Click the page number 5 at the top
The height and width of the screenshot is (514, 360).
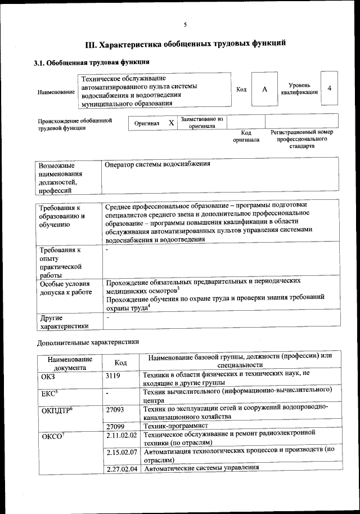[184, 24]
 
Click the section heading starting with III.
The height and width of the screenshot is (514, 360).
[185, 43]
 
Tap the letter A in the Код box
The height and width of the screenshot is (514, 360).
[264, 90]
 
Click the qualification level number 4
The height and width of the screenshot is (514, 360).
[329, 89]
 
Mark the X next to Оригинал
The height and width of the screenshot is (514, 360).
[172, 122]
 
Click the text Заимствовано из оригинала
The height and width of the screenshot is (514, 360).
[202, 123]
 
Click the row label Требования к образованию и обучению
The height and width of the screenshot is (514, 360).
[62, 217]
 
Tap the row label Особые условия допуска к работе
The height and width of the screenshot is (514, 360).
[65, 288]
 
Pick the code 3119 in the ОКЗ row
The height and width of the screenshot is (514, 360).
[113, 374]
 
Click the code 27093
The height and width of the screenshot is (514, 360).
[115, 410]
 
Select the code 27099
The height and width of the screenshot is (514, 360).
[115, 427]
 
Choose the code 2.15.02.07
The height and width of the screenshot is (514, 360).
[121, 452]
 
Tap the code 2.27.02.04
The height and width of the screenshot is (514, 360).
[121, 468]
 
